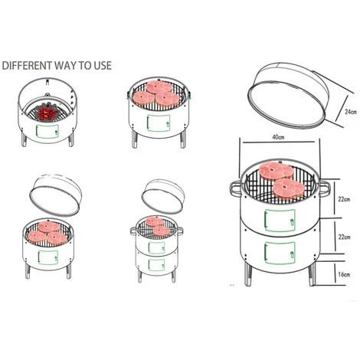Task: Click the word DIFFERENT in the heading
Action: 27,65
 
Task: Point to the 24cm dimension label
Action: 351,112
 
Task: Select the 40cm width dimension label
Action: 278,137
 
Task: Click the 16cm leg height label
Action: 344,274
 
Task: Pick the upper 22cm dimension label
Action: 344,199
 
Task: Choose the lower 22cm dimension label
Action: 344,237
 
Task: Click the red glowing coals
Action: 47,113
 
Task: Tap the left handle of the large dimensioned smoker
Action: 236,188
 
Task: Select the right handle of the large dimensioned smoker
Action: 324,188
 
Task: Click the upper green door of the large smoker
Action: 280,221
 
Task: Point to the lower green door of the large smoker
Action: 280,253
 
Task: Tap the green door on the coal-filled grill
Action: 47,131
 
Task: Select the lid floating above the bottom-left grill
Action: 55,195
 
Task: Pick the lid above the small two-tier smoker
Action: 163,196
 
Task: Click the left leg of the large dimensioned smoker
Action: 247,274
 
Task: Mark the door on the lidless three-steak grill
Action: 159,123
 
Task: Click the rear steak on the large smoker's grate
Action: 276,170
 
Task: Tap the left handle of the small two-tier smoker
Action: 133,231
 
